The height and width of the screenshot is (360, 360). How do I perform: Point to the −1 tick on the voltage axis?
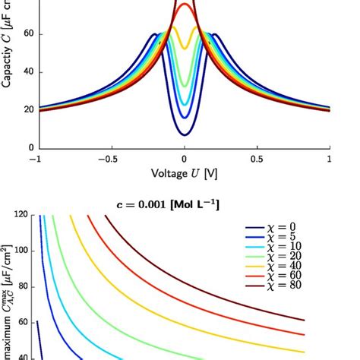(34, 159)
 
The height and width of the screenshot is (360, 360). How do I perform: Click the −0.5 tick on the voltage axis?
(108, 159)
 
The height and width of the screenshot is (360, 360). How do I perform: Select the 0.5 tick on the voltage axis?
(257, 159)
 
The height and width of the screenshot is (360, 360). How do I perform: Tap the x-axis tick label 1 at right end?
(330, 159)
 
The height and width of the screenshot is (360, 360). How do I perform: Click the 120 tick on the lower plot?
(21, 215)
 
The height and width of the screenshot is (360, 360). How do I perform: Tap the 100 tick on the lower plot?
(21, 251)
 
